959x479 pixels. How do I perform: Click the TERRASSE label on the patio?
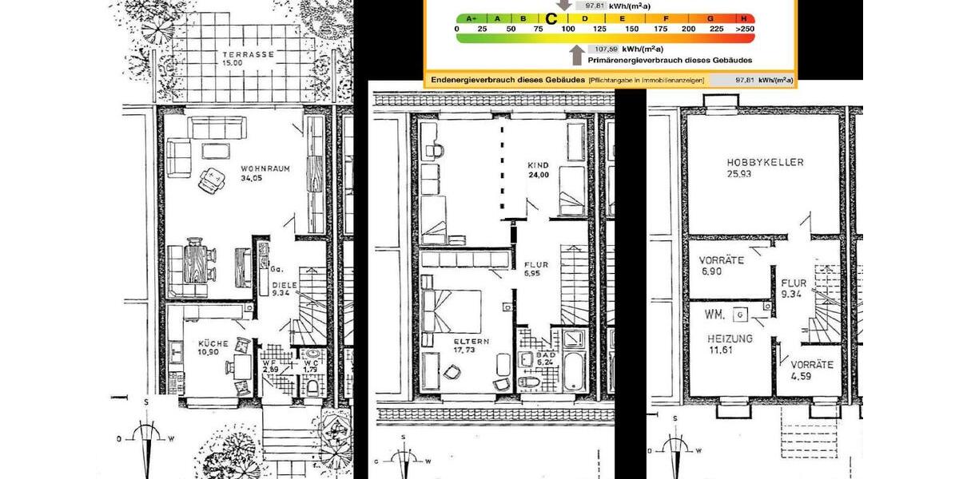tap(248, 54)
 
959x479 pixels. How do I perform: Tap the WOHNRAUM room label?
tap(265, 168)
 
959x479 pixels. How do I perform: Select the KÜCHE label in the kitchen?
tap(213, 343)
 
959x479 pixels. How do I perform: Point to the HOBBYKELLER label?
tap(765, 162)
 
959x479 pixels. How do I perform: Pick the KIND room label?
tap(538, 164)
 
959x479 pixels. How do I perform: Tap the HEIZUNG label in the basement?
tap(730, 338)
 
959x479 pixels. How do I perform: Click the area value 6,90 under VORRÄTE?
tap(711, 272)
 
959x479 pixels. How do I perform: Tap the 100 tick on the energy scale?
tap(568, 29)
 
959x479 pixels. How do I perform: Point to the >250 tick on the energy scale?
tap(744, 29)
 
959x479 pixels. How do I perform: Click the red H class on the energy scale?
tap(744, 18)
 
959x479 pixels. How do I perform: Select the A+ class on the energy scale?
tap(471, 18)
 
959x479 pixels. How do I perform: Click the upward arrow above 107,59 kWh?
tap(576, 52)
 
